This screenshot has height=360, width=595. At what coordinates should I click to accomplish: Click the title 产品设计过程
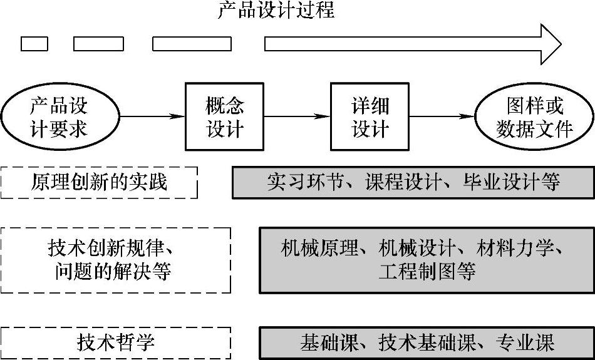click(276, 11)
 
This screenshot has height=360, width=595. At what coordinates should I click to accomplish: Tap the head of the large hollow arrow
click(550, 44)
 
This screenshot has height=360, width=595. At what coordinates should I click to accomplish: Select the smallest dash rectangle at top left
click(34, 44)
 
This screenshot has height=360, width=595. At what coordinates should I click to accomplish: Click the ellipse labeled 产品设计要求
click(59, 117)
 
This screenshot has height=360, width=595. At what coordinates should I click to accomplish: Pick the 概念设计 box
click(225, 117)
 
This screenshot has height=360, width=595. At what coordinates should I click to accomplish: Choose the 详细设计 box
click(370, 117)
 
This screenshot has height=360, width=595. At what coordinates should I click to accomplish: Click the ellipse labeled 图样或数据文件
click(534, 117)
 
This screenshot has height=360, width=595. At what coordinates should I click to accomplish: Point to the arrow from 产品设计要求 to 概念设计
click(152, 116)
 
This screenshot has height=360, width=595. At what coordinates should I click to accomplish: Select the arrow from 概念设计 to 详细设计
click(297, 116)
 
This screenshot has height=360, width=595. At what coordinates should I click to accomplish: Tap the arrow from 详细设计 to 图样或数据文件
click(442, 116)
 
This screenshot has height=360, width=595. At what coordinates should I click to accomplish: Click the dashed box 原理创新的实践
click(99, 182)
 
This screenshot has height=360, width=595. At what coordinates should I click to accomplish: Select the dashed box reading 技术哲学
click(116, 342)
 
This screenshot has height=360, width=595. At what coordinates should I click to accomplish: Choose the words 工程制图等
click(427, 272)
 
